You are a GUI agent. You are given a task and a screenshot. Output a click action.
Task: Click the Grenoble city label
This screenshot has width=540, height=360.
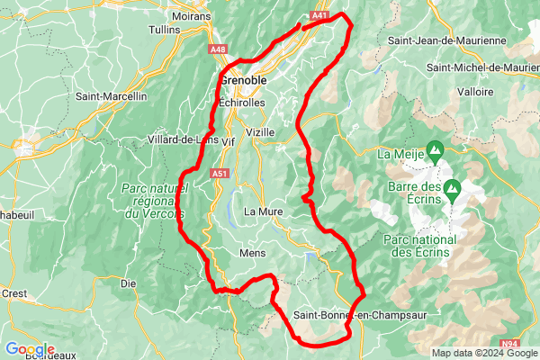click(x=243, y=80)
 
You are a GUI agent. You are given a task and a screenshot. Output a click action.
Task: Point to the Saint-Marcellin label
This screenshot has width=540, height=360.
click(x=111, y=96)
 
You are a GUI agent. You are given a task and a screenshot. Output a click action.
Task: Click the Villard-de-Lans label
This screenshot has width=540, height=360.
click(x=184, y=139)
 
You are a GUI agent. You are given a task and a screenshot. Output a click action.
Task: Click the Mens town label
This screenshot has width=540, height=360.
click(x=253, y=254)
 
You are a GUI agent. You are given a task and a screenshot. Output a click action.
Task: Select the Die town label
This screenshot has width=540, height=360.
click(x=128, y=283)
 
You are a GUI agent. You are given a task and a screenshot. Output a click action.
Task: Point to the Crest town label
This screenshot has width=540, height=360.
click(x=13, y=293)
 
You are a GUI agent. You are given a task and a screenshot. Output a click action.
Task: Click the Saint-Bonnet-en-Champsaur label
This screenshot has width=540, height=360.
click(x=359, y=315)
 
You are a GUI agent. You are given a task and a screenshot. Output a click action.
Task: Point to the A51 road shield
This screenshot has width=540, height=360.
click(x=220, y=173)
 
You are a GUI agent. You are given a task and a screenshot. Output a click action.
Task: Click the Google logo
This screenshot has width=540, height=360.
click(x=29, y=349)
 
